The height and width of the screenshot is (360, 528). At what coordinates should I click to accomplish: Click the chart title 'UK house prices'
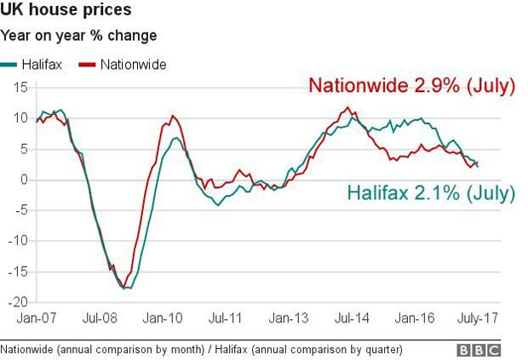[x=66, y=9]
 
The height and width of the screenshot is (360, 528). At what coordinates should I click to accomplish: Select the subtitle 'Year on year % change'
[x=78, y=36]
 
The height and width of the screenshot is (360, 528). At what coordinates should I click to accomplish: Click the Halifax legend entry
[x=31, y=65]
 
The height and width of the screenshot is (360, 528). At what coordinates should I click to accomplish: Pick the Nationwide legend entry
[x=123, y=65]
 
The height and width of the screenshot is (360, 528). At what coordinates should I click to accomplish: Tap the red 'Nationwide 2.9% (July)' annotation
[x=412, y=86]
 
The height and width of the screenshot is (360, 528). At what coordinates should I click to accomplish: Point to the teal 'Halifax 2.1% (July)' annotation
[x=431, y=193]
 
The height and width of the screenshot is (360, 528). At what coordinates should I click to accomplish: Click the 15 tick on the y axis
[x=20, y=88]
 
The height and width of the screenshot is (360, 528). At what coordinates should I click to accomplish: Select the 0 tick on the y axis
[x=24, y=180]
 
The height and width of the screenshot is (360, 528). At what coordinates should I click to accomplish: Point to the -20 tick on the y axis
[x=18, y=302]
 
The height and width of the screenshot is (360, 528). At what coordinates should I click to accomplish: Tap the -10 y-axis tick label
[x=18, y=241]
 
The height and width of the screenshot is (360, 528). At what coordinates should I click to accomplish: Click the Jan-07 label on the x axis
[x=37, y=318]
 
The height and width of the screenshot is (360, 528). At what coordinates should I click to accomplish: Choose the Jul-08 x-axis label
[x=100, y=318]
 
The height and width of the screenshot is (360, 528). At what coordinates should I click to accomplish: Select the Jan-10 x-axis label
[x=163, y=318]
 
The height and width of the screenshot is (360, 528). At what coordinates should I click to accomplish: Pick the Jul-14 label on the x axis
[x=352, y=318]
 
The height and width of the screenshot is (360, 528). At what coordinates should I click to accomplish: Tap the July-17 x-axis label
[x=478, y=318]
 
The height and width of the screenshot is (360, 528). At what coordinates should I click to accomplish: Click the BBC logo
[x=479, y=351]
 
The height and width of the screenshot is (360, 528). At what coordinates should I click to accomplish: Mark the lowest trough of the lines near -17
[x=124, y=288]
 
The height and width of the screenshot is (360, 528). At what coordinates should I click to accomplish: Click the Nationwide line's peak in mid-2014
[x=347, y=107]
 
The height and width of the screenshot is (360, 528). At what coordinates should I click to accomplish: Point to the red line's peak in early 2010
[x=173, y=116]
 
